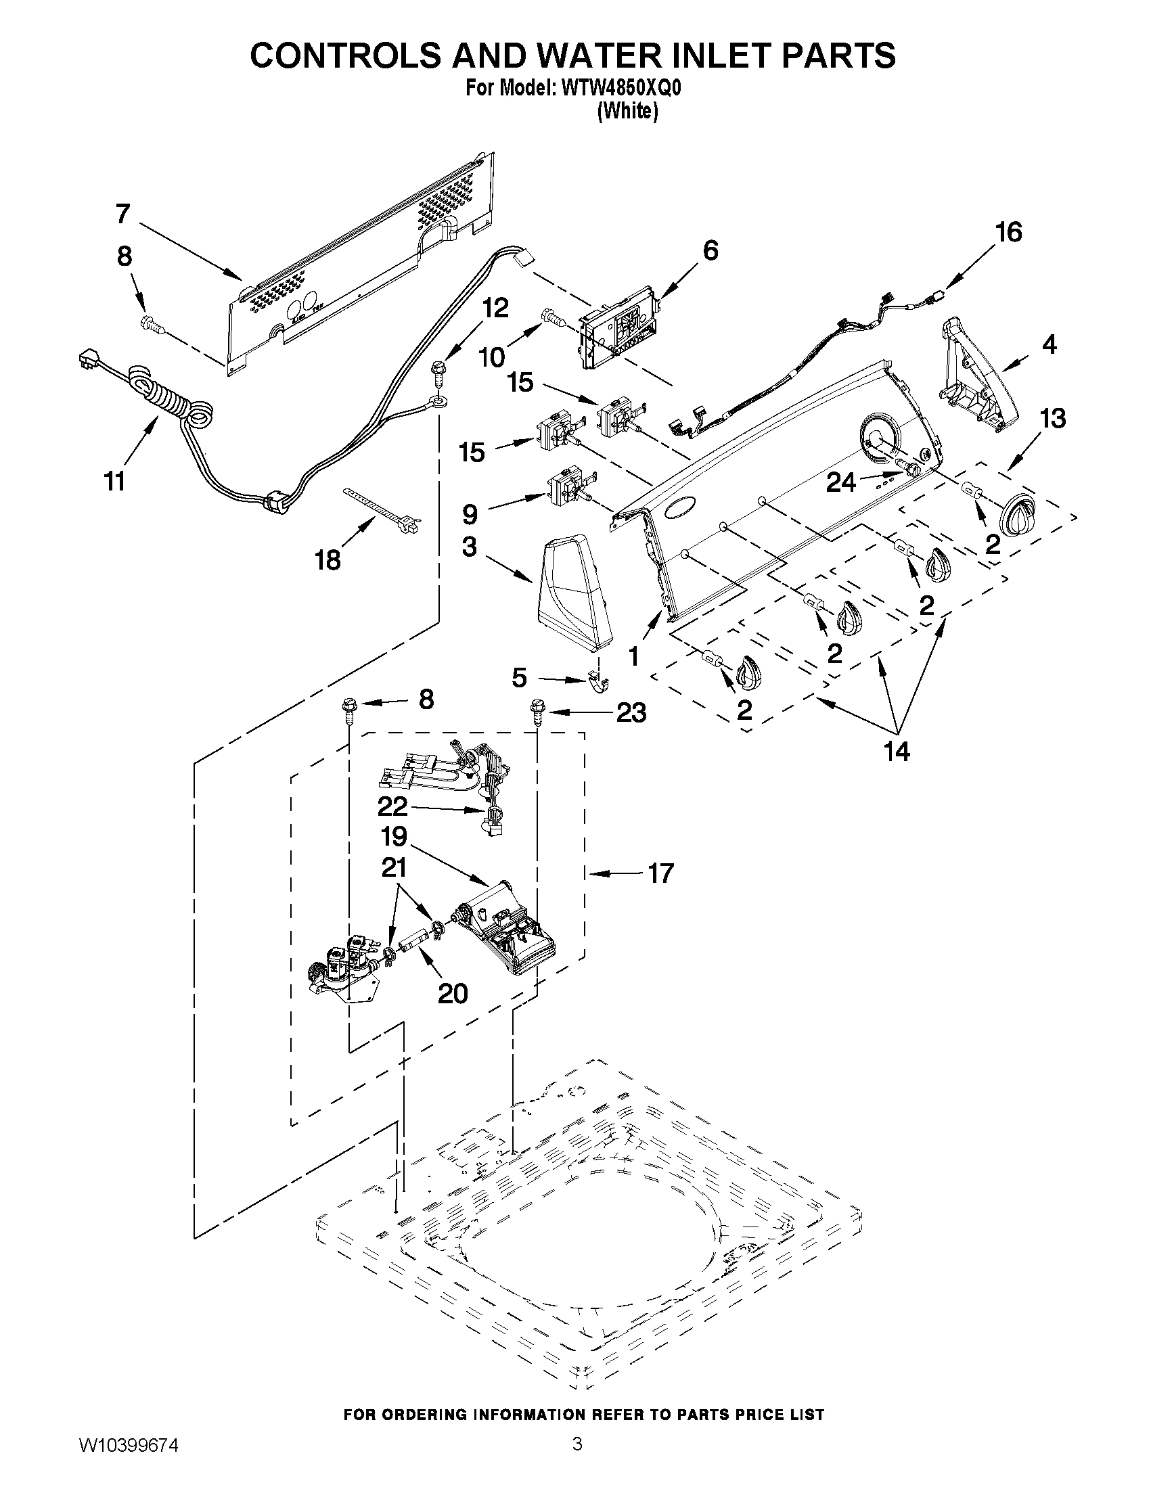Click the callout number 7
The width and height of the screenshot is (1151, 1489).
pos(122,213)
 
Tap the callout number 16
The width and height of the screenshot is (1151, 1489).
pos(1008,233)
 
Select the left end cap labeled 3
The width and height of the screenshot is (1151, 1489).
pos(572,591)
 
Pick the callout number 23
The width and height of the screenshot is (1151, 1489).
pos(631,713)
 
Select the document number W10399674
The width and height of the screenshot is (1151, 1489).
pos(128,1460)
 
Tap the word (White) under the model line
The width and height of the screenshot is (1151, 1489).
pos(628,111)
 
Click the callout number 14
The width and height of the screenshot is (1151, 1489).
pos(897,752)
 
